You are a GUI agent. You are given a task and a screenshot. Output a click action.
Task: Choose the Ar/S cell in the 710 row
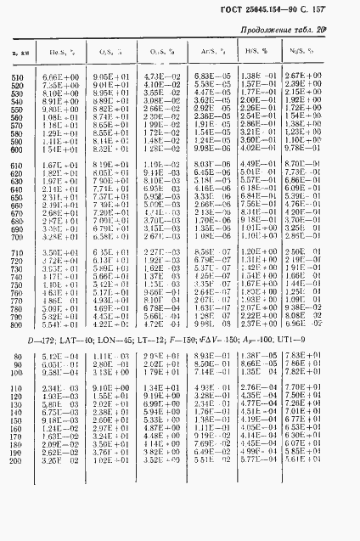point(207,252)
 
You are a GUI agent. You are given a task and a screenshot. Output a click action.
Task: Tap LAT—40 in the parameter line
point(79,347)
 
